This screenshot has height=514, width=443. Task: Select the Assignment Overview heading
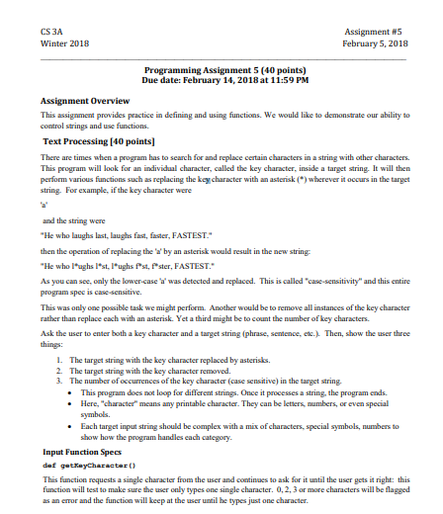(85, 101)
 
